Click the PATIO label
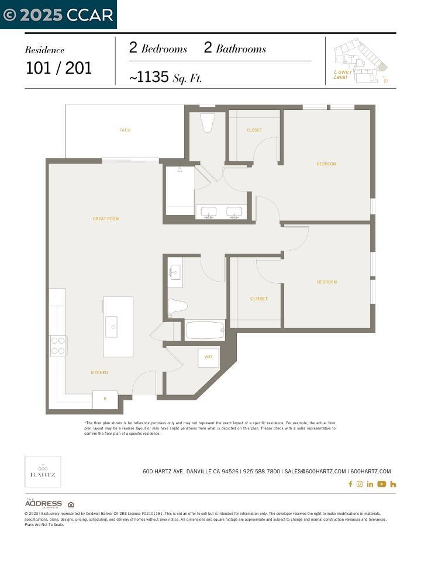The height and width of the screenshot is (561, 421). tap(125, 130)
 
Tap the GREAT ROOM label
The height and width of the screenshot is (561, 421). tap(106, 219)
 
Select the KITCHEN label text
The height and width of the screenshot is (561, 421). tap(99, 372)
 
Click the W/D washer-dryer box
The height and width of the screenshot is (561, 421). tap(208, 357)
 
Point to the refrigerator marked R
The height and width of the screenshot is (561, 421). tap(105, 400)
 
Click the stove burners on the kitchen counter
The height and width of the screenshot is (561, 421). tap(58, 345)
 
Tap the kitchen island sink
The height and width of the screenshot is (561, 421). tap(111, 327)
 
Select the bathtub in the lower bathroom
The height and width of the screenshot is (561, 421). tap(205, 331)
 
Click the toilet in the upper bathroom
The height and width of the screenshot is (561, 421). tap(208, 123)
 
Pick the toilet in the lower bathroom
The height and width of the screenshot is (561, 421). tap(177, 306)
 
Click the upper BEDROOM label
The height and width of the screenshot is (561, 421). tap(326, 164)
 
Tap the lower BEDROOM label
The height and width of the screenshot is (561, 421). tap(326, 282)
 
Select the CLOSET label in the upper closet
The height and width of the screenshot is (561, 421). tap(254, 130)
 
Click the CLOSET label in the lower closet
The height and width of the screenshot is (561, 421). tap(258, 299)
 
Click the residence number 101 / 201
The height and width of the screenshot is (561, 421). tap(58, 68)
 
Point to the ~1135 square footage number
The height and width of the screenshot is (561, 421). tap(149, 77)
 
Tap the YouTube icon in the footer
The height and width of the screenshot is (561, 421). tap(381, 484)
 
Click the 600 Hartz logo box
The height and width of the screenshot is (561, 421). tap(43, 471)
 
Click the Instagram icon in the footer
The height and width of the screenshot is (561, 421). tap(360, 484)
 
